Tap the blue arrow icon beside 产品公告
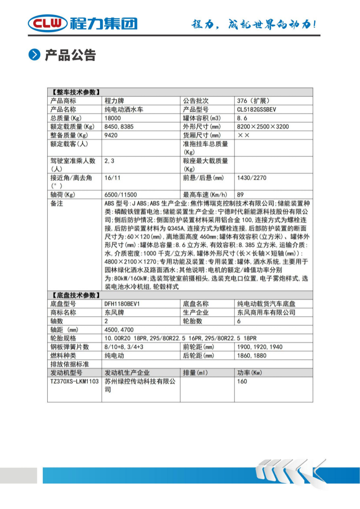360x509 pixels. click(x=35, y=55)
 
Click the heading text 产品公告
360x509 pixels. click(x=70, y=55)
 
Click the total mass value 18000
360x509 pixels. click(x=114, y=118)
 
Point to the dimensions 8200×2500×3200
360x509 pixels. click(x=263, y=127)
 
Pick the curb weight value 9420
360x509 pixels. click(x=112, y=135)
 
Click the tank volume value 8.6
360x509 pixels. click(x=244, y=118)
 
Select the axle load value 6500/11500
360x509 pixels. click(x=120, y=194)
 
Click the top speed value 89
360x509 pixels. click(x=240, y=194)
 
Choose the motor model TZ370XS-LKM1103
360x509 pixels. click(x=74, y=381)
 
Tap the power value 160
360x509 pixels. click(x=242, y=381)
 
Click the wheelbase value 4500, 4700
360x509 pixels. click(x=119, y=329)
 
